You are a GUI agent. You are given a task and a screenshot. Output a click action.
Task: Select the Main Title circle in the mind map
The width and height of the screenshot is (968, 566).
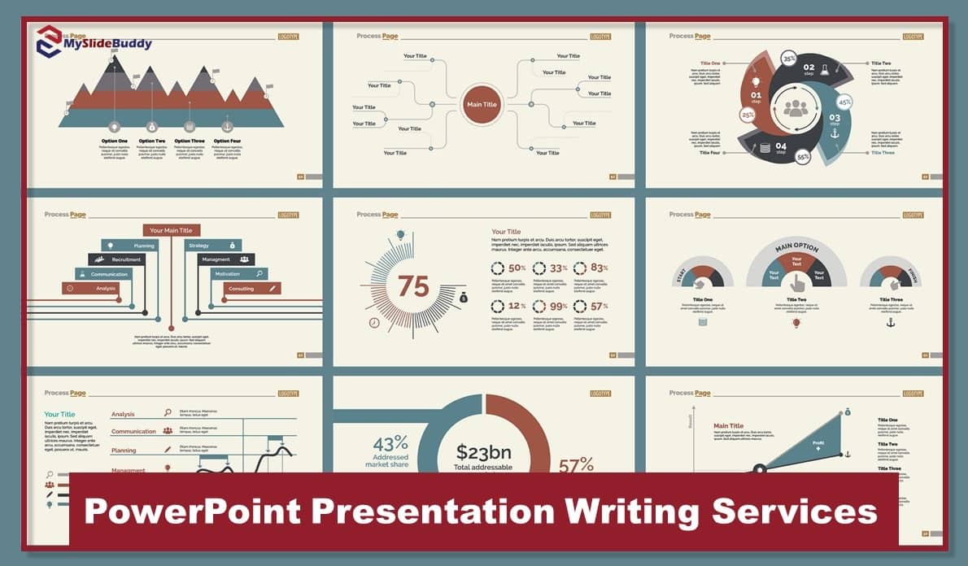[481, 105]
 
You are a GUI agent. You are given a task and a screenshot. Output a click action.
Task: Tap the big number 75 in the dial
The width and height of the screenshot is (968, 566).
[413, 286]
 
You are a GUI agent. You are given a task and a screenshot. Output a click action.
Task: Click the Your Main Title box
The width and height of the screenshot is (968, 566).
[171, 230]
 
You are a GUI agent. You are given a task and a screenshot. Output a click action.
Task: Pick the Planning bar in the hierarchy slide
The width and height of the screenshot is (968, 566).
[131, 245]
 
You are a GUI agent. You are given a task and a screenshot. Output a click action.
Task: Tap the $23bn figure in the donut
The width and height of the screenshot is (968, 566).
[485, 452]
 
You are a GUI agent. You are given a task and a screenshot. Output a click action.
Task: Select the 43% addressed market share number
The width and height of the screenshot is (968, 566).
[390, 443]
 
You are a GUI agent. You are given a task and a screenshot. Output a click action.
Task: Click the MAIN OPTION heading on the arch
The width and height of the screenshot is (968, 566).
[796, 247]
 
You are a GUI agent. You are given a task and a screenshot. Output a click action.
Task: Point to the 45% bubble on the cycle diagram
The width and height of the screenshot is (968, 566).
[844, 102]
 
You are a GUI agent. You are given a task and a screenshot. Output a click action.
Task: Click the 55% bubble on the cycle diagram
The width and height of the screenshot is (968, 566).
[803, 156]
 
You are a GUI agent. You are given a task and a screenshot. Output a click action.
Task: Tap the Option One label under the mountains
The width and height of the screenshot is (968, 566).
[115, 141]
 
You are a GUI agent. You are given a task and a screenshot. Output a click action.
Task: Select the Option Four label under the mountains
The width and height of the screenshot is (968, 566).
[227, 141]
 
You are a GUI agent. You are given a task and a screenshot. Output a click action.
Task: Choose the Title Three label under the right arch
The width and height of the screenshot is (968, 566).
[890, 299]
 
